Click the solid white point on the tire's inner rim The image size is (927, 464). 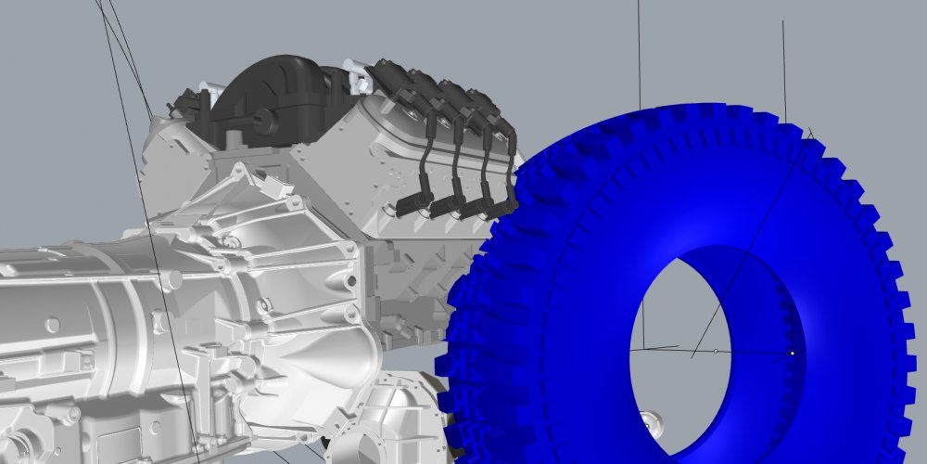[x=792, y=353]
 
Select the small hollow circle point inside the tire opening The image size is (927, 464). [x=716, y=351]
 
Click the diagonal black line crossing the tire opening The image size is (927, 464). [x=714, y=316]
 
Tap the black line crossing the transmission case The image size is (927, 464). [x=171, y=353]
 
